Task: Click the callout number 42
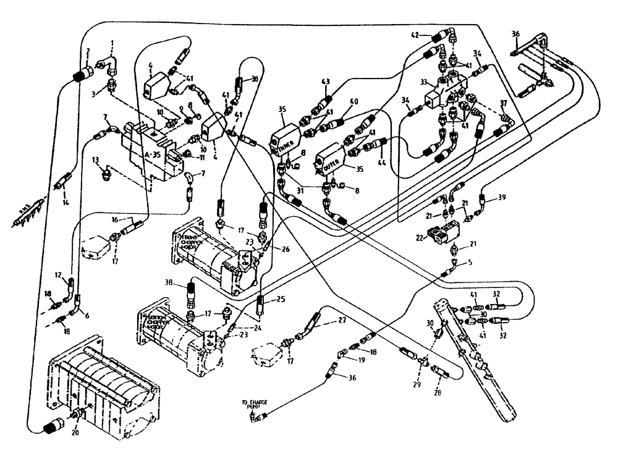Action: [416, 36]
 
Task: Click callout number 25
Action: [281, 300]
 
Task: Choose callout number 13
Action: [96, 160]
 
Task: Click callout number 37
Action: [504, 102]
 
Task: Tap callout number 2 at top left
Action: [88, 52]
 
